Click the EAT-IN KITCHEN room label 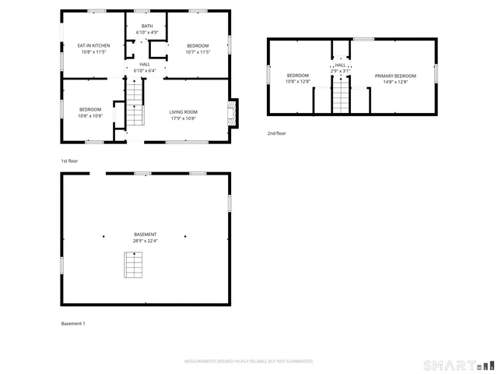pos(93,46)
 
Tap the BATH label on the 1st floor pos(147,26)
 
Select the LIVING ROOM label pos(184,112)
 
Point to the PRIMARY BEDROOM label pos(395,76)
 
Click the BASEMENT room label pos(146,235)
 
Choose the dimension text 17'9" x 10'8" pos(184,118)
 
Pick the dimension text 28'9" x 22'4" pos(146,242)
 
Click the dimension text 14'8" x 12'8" pos(395,82)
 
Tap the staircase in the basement pos(135,265)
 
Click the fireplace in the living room pos(231,113)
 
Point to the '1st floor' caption pos(69,161)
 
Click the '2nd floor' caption pos(277,133)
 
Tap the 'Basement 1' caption pos(73,323)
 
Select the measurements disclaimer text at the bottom pos(248,362)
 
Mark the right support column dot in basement pos(185,235)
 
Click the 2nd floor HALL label pos(341,65)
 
